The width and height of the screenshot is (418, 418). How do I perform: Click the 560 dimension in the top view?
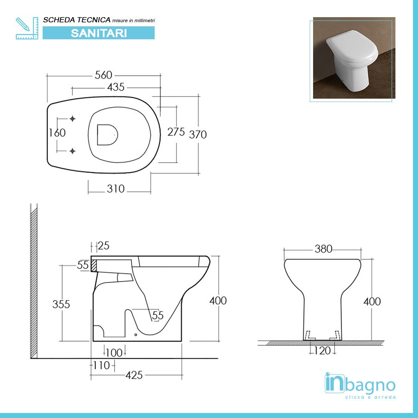coord(103,75)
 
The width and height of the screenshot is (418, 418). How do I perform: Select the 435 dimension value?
coord(116,87)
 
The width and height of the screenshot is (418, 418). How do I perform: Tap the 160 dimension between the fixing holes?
coord(57,133)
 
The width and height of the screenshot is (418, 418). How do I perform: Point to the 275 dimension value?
coord(176,132)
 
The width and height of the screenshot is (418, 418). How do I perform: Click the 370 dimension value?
coord(198,135)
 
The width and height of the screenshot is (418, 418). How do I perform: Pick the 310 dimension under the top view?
coord(115,189)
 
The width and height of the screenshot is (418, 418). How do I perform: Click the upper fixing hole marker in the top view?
coord(73,119)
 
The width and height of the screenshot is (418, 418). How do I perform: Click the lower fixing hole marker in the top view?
coord(73,150)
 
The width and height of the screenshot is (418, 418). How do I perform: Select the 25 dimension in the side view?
coord(103,246)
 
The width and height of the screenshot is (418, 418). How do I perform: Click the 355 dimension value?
coord(61,304)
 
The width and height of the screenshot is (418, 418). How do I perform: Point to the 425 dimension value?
coord(134,375)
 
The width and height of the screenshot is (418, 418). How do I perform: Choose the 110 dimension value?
coord(101,365)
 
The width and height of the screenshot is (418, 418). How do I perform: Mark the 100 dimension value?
coord(114,353)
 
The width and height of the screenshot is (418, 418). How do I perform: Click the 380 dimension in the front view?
coord(323,249)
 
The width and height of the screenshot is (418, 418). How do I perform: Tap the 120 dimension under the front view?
coord(322,351)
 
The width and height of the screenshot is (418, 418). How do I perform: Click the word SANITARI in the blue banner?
coord(99,33)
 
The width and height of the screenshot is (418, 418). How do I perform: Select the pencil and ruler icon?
coord(26,28)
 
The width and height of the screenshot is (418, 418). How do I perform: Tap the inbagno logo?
coord(360,386)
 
